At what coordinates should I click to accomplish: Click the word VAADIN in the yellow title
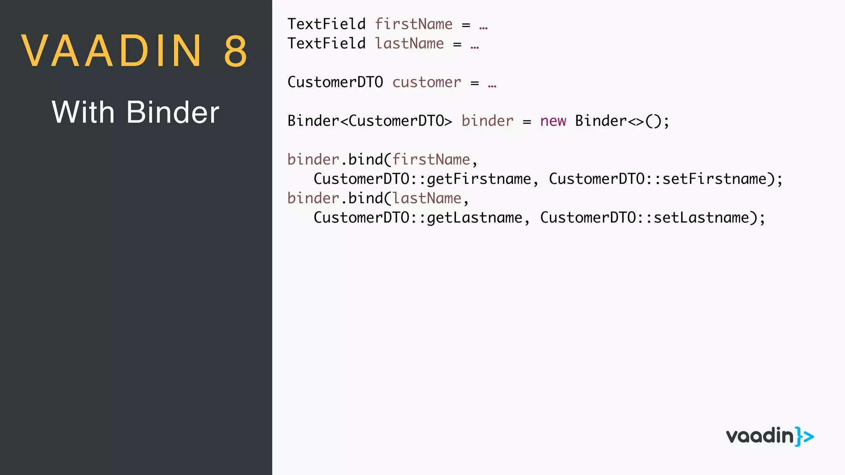(x=111, y=51)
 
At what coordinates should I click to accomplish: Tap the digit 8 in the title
(x=236, y=51)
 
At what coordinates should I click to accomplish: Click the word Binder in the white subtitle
(x=173, y=112)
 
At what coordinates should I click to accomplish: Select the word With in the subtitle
(x=83, y=112)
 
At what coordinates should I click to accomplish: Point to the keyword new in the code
(x=553, y=121)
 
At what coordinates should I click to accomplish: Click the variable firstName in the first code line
(x=413, y=24)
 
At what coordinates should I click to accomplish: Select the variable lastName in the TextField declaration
(x=409, y=44)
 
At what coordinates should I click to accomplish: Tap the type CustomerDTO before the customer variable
(x=335, y=82)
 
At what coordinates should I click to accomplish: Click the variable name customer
(x=427, y=82)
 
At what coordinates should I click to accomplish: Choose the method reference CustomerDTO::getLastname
(x=418, y=218)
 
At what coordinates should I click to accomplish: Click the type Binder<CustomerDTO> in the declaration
(x=370, y=121)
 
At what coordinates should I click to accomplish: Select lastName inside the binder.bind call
(x=427, y=198)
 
